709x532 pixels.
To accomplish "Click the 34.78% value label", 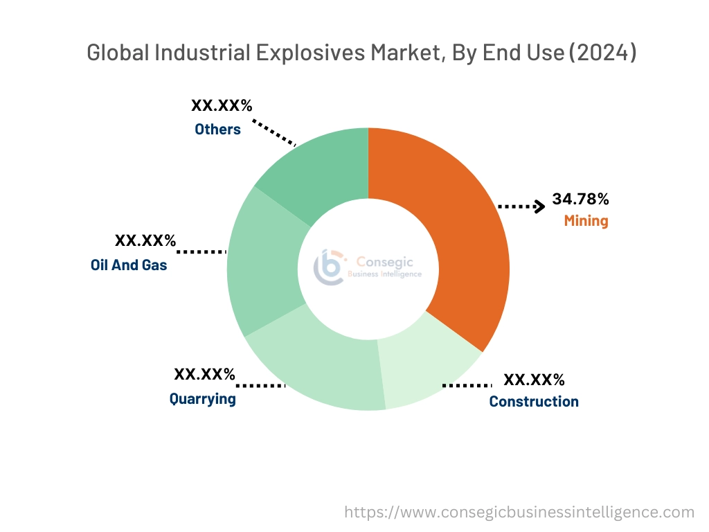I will click(x=580, y=199).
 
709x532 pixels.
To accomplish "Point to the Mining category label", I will click(x=586, y=222).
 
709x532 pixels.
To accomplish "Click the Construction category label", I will click(x=534, y=402).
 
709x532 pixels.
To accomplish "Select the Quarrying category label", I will click(x=202, y=399).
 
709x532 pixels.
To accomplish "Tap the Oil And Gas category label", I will click(x=129, y=265).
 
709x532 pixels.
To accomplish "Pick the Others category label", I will click(x=217, y=130).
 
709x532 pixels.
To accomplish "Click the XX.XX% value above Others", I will click(x=222, y=106).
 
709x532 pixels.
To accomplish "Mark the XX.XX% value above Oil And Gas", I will click(x=145, y=241).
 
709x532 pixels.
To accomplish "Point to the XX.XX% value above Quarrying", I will click(x=205, y=375).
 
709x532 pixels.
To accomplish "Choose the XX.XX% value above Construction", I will click(x=534, y=380).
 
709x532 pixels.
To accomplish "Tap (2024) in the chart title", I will click(x=602, y=53).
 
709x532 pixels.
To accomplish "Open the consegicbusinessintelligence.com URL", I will click(x=519, y=513).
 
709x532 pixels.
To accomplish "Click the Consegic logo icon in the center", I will click(x=330, y=267).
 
